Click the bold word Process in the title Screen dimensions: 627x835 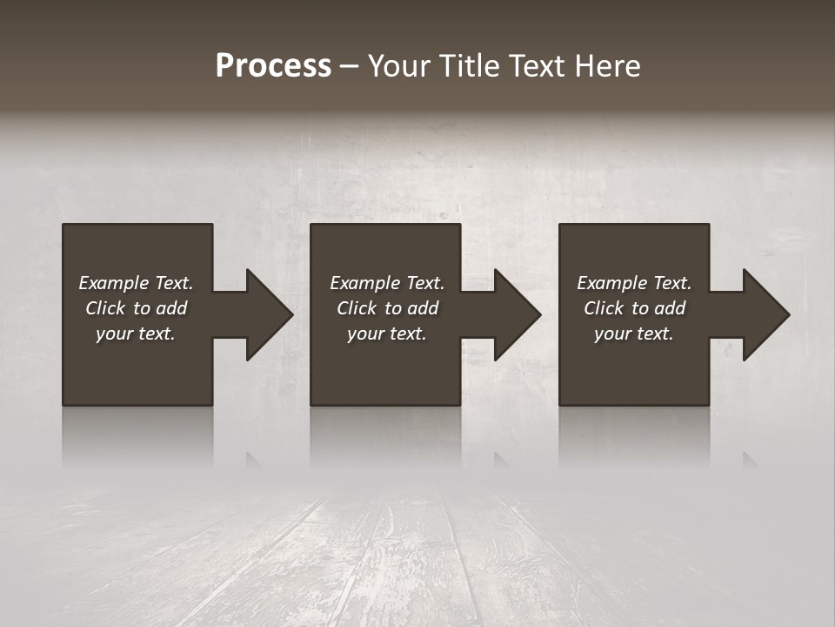(x=273, y=66)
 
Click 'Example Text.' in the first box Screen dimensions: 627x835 (x=136, y=283)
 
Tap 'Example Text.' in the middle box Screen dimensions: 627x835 (x=387, y=283)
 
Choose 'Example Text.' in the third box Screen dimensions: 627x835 (x=634, y=283)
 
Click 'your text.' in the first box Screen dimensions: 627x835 (x=136, y=334)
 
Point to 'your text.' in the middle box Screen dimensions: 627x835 (x=387, y=334)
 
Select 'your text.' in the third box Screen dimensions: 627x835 (x=634, y=334)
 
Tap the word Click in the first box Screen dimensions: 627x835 (x=105, y=308)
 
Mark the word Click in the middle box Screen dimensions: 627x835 (x=357, y=308)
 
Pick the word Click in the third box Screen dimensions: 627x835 (x=604, y=308)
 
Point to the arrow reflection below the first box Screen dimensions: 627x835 (x=254, y=459)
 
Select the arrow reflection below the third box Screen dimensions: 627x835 (x=751, y=459)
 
